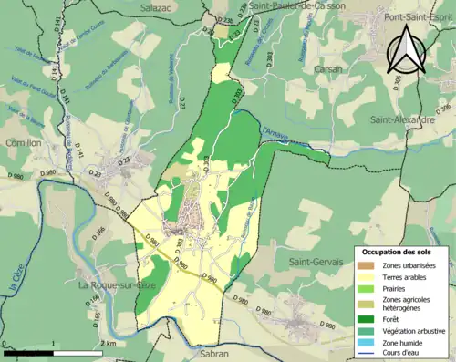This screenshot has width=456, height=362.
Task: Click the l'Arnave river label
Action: pos(275,135)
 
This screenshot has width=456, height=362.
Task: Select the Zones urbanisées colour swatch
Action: pos(366,265)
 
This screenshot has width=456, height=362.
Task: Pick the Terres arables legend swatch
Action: pos(366,276)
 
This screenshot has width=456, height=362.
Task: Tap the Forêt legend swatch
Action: pos(366,318)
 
